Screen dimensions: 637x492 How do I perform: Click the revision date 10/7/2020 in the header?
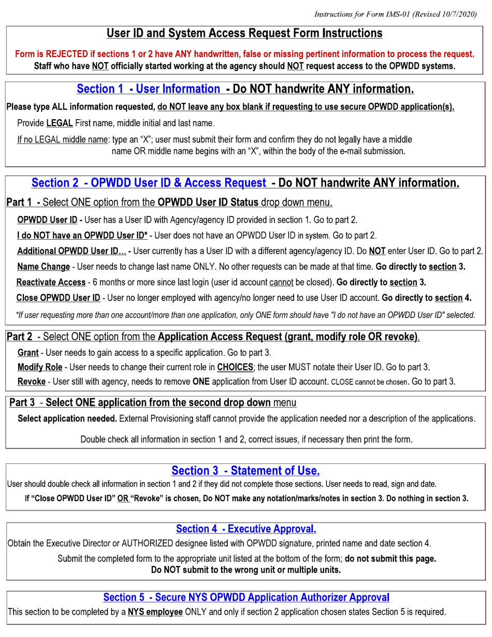[457, 14]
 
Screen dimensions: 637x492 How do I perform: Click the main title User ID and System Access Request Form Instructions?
[244, 34]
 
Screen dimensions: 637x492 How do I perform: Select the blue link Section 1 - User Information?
[148, 89]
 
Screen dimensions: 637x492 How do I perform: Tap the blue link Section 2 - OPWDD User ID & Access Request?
[149, 183]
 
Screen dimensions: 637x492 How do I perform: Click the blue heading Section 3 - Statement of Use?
[245, 471]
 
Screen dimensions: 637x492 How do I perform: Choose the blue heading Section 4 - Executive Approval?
[245, 529]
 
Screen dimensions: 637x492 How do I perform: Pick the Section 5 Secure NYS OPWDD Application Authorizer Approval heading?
[246, 597]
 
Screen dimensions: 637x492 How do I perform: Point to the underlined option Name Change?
[44, 267]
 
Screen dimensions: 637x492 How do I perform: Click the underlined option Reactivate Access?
[51, 282]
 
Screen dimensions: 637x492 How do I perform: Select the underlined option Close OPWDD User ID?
[58, 298]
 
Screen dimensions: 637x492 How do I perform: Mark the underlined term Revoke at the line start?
[31, 382]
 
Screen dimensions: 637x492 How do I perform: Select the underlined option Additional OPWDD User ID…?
[71, 252]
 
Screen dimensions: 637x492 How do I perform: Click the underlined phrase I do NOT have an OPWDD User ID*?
[82, 236]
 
